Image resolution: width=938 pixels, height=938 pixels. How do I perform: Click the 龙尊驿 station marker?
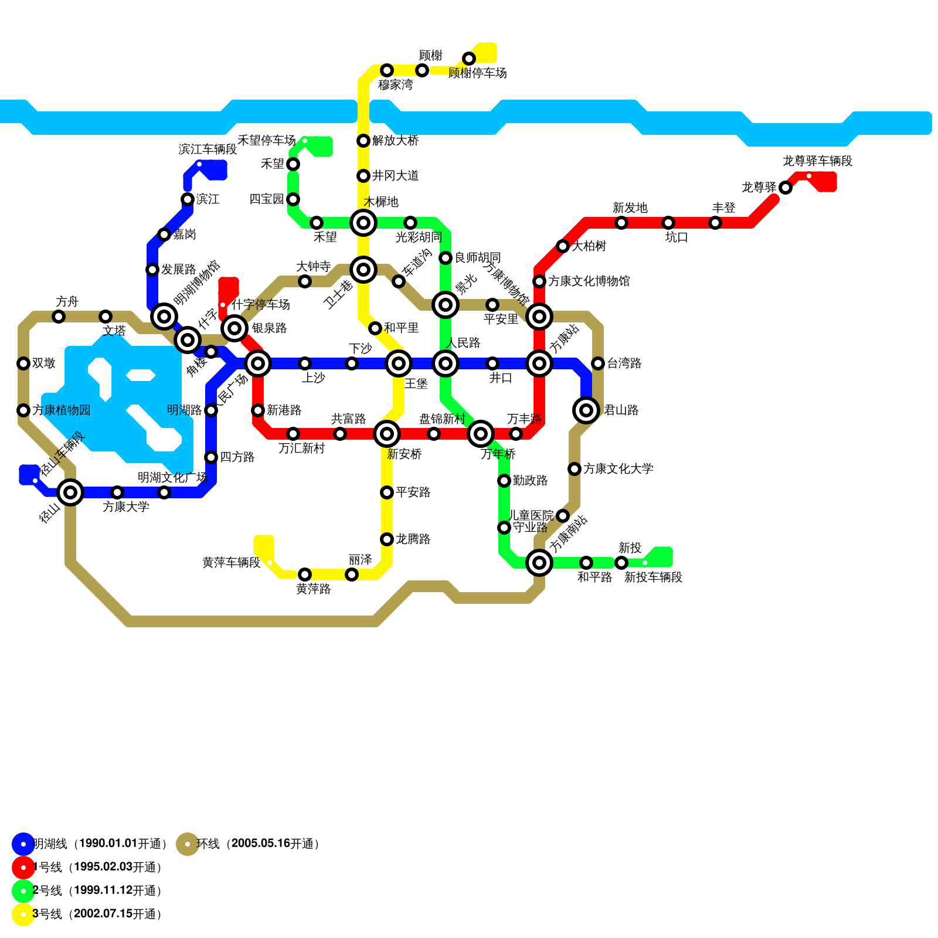click(x=786, y=188)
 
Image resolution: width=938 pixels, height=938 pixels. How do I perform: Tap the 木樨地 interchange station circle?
click(x=363, y=223)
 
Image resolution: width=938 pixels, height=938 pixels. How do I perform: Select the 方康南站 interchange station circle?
click(x=539, y=563)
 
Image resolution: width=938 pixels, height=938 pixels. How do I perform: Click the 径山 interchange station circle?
click(x=70, y=492)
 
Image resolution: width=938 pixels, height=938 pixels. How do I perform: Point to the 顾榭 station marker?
click(x=422, y=70)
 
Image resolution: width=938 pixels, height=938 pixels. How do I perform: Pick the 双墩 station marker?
click(x=23, y=363)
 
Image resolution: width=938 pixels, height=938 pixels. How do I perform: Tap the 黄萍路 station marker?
click(x=305, y=575)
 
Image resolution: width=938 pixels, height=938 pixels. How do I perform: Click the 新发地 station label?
click(x=630, y=208)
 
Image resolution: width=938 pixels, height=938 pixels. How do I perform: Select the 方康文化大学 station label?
click(x=618, y=469)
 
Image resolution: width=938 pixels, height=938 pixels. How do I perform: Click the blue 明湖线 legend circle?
click(x=23, y=844)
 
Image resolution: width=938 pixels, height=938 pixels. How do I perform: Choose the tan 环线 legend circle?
click(x=188, y=844)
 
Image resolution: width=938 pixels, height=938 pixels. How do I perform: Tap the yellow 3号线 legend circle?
click(x=23, y=915)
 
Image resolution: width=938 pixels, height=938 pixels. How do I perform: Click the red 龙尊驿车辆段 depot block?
click(x=824, y=181)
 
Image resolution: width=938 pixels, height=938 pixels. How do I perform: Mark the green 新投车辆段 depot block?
click(x=660, y=557)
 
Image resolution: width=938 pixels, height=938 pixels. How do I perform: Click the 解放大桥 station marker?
click(x=363, y=141)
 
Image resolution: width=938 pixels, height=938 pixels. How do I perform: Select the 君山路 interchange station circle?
click(x=586, y=410)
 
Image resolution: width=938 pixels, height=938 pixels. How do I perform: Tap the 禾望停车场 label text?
click(x=266, y=141)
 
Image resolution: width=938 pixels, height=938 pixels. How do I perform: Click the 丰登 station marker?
click(x=715, y=223)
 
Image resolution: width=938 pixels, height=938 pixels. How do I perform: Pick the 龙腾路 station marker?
click(x=387, y=539)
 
